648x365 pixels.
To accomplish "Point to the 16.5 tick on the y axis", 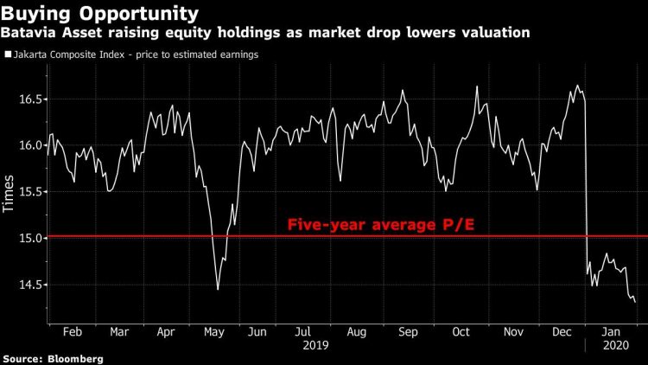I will [29, 99].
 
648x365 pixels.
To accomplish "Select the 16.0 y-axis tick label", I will [29, 145].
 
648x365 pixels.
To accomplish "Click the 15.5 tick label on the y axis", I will [29, 192].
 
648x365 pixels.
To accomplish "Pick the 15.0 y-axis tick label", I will [29, 238].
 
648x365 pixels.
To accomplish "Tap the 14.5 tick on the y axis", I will [29, 285].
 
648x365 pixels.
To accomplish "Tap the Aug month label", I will [355, 330].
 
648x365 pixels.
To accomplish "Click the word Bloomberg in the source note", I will [77, 358].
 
